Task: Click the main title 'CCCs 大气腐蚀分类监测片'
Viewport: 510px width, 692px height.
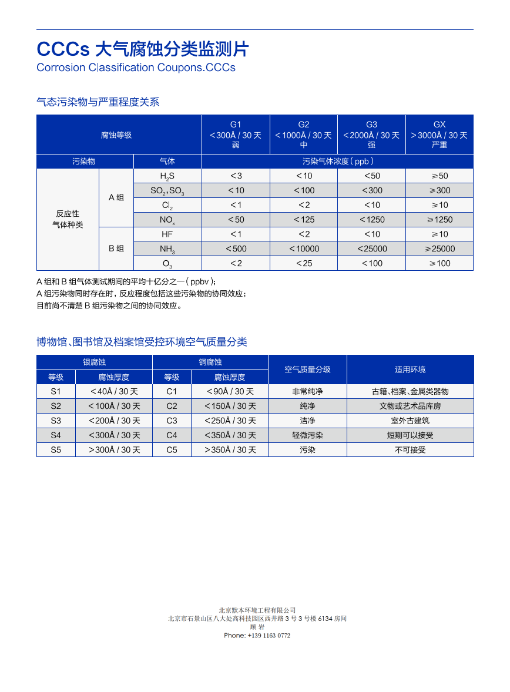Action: (143, 49)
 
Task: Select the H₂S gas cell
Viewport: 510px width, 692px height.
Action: (167, 176)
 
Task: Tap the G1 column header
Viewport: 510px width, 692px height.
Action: (236, 135)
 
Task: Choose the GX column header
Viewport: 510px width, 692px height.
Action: (439, 135)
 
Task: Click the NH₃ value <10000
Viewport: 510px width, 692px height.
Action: (304, 248)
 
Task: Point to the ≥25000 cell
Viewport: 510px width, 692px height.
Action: (439, 248)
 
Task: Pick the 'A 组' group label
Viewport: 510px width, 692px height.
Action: (116, 197)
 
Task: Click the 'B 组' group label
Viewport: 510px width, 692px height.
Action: (116, 248)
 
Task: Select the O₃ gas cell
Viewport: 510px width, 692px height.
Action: (167, 264)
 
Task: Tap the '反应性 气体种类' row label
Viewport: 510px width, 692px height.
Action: (68, 219)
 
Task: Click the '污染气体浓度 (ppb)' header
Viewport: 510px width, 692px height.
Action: (338, 161)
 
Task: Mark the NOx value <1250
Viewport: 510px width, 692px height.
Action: (372, 220)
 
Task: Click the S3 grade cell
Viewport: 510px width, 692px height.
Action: (56, 421)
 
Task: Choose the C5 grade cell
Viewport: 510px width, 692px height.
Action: (172, 450)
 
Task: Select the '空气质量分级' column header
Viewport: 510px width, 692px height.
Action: (307, 369)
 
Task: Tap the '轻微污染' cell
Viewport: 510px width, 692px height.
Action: (307, 435)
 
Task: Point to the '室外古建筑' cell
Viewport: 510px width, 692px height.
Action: (410, 421)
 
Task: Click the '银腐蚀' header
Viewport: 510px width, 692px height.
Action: (94, 362)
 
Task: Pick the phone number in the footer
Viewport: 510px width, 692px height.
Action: (257, 636)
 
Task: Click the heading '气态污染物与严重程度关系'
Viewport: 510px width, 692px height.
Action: (98, 102)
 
